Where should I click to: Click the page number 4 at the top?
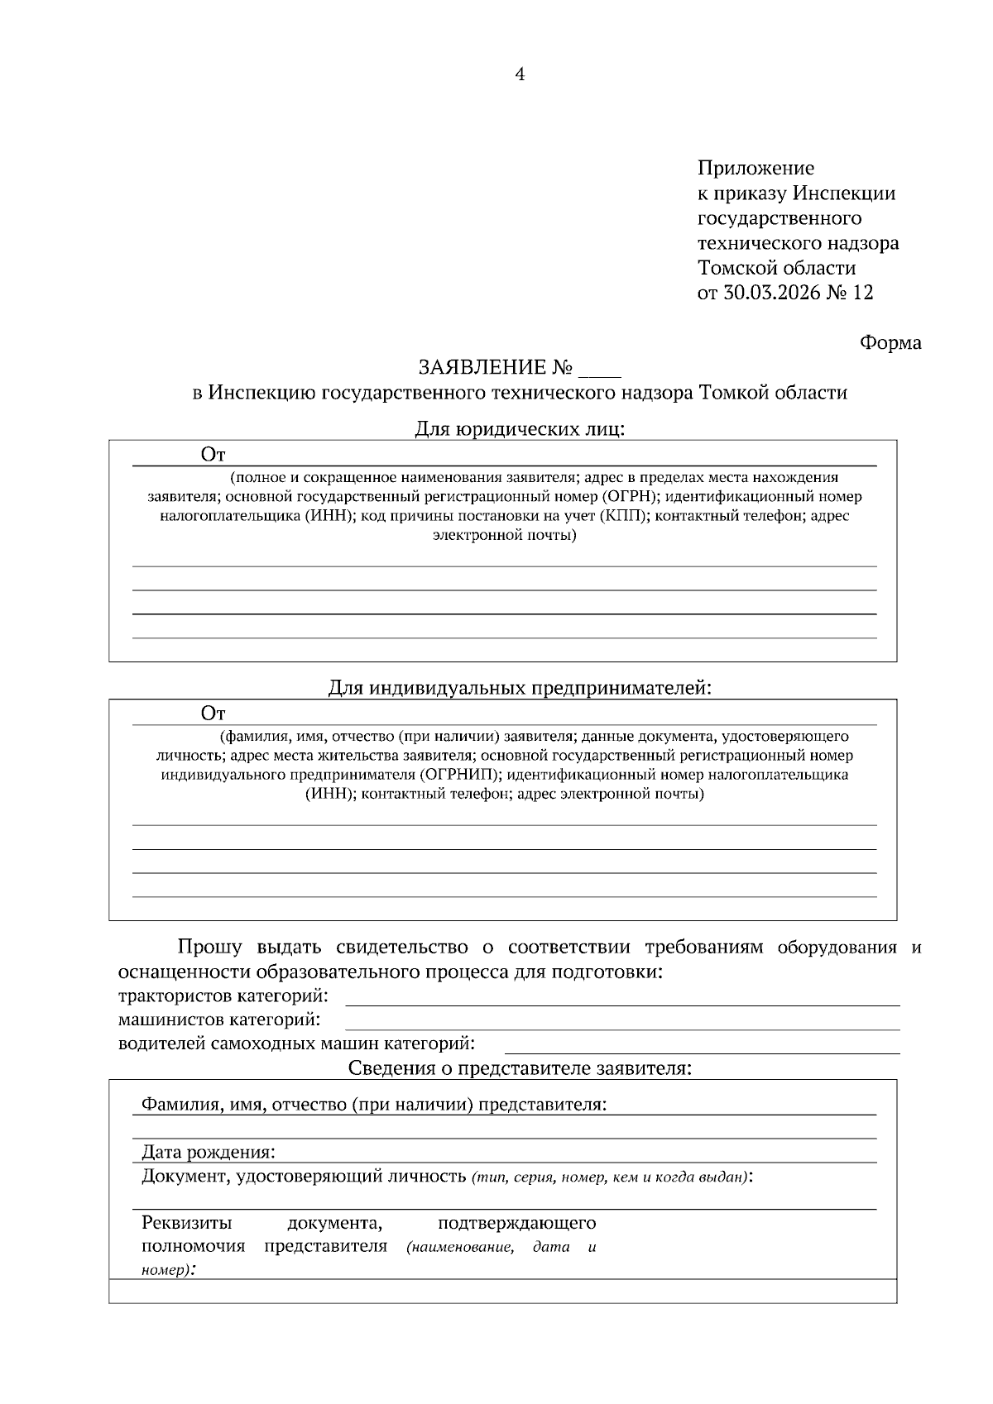click(520, 75)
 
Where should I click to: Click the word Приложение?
click(756, 169)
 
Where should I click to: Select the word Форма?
click(890, 342)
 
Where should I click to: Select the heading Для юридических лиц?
click(519, 429)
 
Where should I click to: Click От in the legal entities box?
click(213, 454)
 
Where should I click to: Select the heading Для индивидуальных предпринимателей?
click(519, 688)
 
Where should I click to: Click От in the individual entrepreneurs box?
click(213, 713)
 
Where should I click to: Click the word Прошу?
click(210, 948)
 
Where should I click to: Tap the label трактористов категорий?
click(223, 996)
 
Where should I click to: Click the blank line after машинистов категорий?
click(621, 1022)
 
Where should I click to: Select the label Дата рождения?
click(209, 1153)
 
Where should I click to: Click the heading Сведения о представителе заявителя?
click(519, 1068)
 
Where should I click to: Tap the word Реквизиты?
click(187, 1223)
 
